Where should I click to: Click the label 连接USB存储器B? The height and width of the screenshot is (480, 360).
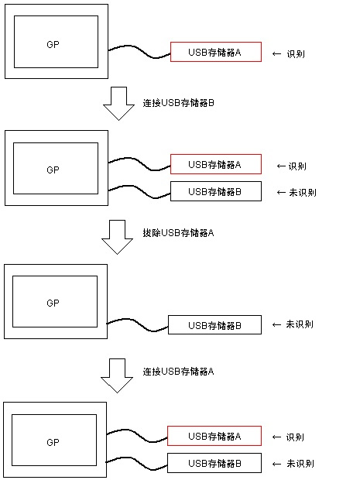(178, 103)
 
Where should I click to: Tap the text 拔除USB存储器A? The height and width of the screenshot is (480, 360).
(178, 233)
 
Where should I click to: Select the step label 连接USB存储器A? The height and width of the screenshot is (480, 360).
(178, 372)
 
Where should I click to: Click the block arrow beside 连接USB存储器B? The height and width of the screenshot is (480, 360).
(118, 104)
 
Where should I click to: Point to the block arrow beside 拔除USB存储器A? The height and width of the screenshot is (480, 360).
(117, 237)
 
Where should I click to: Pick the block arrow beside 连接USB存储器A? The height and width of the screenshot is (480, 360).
(117, 375)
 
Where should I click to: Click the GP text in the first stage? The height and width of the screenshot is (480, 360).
(53, 44)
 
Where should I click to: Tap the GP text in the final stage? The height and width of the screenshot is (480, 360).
(53, 442)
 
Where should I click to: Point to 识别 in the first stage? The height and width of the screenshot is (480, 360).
(296, 54)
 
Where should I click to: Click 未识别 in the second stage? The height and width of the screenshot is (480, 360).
(303, 193)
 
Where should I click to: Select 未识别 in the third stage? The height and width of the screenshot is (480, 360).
(300, 324)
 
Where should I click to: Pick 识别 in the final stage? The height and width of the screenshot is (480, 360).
(295, 437)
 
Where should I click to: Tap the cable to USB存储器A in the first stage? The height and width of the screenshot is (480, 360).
(139, 51)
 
